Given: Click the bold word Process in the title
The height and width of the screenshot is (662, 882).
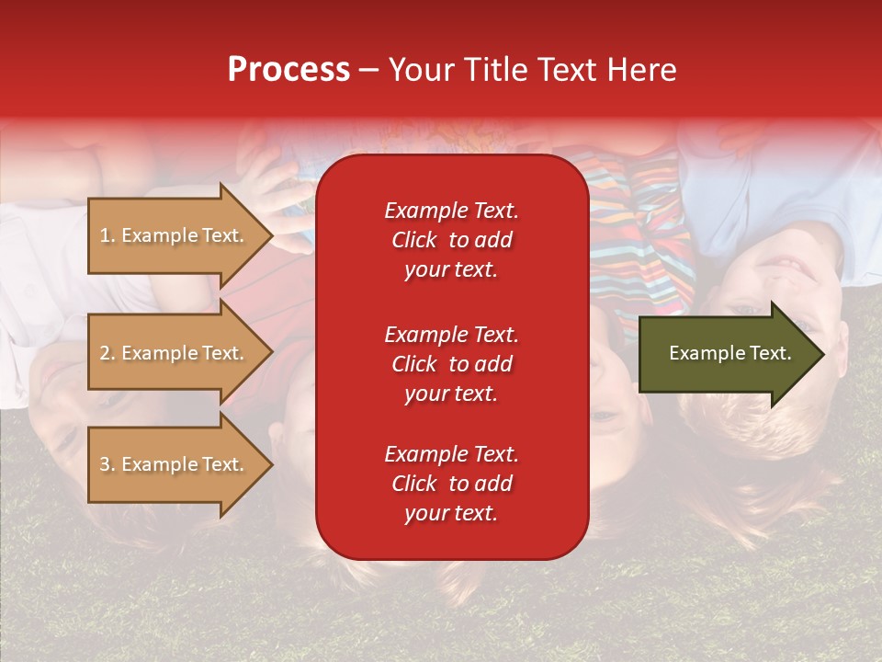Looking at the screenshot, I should pos(288,70).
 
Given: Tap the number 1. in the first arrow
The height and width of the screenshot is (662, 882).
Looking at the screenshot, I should pos(107,235).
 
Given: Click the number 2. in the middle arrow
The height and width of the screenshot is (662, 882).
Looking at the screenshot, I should pos(107,353).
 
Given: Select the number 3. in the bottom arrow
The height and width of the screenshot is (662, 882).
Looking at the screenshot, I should pos(107,464).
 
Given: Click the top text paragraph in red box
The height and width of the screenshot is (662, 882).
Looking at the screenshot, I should pos(451,240).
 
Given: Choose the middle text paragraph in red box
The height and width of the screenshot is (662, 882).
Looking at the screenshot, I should pos(451,364).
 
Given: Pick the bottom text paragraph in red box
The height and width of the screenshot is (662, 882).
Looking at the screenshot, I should pos(451,484).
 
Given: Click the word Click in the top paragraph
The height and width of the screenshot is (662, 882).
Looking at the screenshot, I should pos(413,240).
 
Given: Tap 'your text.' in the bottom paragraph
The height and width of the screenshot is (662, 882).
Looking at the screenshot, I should pos(451,514).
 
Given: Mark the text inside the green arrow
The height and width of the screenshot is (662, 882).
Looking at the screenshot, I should pos(730,353).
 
